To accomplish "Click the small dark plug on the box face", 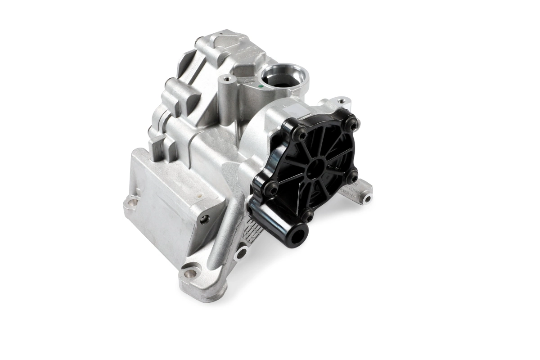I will tap(206, 219).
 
